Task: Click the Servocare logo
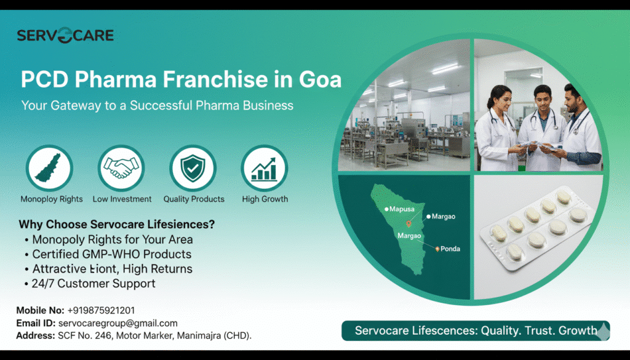tap(65, 35)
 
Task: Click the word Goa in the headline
tap(320, 79)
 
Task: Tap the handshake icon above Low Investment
tap(121, 168)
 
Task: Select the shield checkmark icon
tap(193, 168)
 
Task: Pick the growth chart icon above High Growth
tap(265, 168)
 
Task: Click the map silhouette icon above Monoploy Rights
tap(49, 168)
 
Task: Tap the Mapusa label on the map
tap(402, 209)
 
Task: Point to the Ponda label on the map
tap(450, 249)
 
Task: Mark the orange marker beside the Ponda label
tap(437, 249)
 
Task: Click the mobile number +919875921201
tap(101, 310)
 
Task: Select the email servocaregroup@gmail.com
tap(118, 323)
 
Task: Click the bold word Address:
tap(35, 335)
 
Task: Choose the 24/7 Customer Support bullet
tap(90, 283)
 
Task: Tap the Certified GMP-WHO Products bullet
tap(108, 254)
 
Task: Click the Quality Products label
tap(194, 199)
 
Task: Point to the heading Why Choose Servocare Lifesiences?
tap(116, 224)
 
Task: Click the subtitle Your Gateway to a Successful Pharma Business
tap(157, 105)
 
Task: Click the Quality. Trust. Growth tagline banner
tap(476, 330)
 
